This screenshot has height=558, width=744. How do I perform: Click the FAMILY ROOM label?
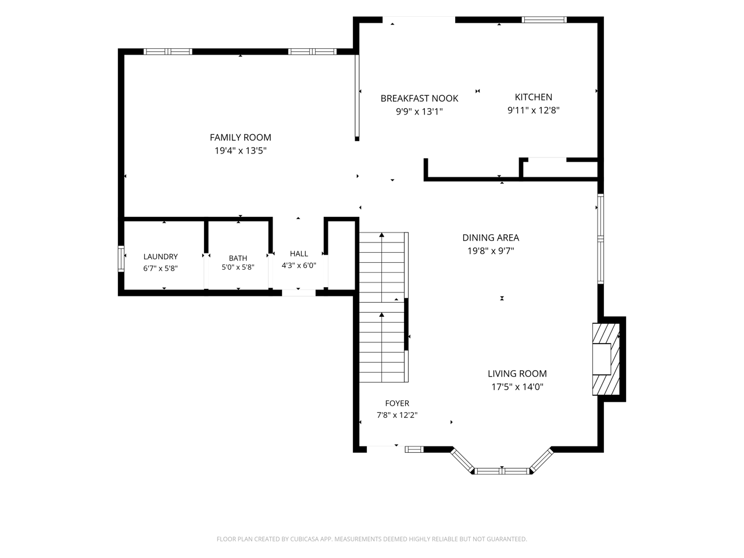tap(240, 137)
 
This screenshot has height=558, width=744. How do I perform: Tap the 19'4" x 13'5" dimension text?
tap(240, 151)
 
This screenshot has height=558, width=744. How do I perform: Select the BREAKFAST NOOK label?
tap(419, 98)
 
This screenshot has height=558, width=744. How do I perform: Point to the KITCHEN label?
tap(533, 97)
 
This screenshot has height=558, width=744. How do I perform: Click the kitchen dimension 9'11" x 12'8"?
tap(533, 110)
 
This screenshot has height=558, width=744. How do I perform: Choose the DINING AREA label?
tap(491, 238)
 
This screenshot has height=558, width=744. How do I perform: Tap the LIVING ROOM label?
tap(517, 373)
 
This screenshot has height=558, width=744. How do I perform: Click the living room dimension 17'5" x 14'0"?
tap(517, 387)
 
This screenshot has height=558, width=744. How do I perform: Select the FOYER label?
tap(397, 403)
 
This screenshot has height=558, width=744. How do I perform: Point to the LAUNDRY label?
tap(160, 256)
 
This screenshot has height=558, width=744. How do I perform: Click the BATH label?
tap(238, 258)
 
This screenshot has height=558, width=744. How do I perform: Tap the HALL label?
tap(299, 253)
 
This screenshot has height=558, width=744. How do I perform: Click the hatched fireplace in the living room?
tap(606, 359)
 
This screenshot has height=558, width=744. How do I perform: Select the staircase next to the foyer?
tap(384, 307)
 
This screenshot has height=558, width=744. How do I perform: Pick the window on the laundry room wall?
tap(121, 259)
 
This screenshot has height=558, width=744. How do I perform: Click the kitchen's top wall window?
tap(543, 20)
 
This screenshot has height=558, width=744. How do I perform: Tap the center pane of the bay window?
tap(502, 471)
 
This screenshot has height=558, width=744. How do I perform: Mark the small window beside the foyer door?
tap(414, 449)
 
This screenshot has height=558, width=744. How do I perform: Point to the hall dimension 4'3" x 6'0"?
tap(299, 265)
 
